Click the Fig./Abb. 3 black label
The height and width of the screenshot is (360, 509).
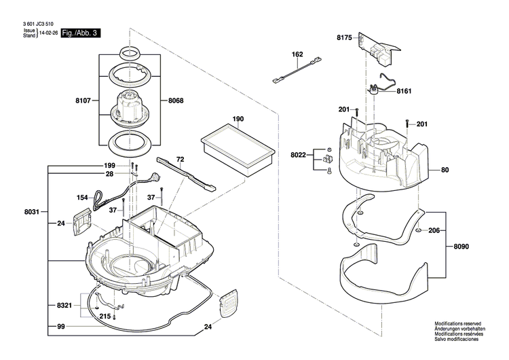click(x=80, y=33)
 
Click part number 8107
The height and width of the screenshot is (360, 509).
click(x=83, y=101)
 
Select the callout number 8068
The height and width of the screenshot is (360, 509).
click(x=175, y=101)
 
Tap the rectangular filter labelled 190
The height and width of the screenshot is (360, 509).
click(x=238, y=151)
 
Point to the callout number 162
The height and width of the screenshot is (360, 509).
click(x=297, y=54)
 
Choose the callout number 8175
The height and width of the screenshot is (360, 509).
click(x=345, y=39)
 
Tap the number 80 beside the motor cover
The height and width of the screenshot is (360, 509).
click(x=445, y=170)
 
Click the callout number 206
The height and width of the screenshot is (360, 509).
click(x=434, y=230)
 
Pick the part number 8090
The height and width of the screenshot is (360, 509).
click(x=461, y=246)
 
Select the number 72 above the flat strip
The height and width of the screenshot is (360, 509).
click(x=180, y=159)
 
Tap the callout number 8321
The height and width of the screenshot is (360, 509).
click(x=65, y=306)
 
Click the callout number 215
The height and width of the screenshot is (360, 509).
click(x=105, y=317)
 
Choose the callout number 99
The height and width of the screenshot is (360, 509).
click(x=60, y=327)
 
